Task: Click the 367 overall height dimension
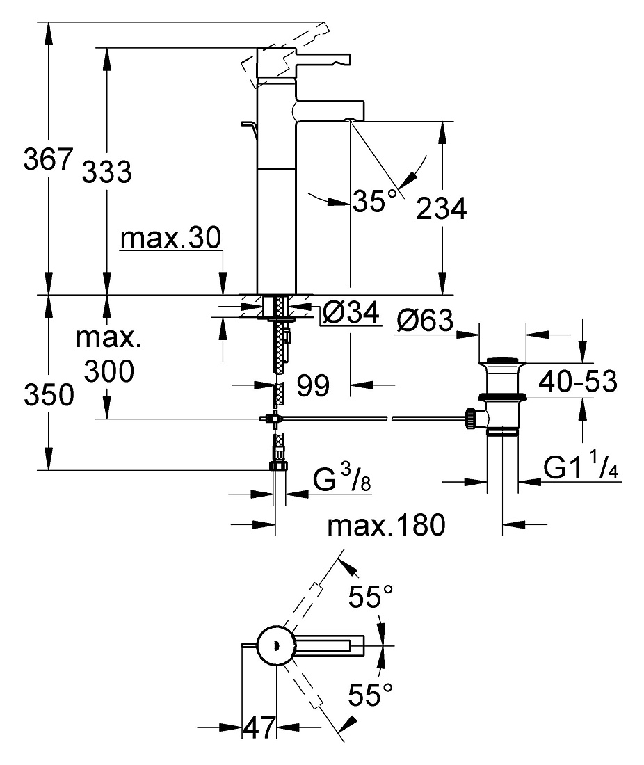[48, 159]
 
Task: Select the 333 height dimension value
[107, 172]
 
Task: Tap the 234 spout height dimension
[441, 209]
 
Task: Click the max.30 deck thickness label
[170, 238]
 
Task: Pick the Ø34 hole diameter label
[351, 312]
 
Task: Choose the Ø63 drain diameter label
[425, 320]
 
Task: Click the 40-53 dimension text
[578, 381]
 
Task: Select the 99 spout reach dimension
[313, 385]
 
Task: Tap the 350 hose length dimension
[49, 394]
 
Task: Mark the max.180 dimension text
[386, 525]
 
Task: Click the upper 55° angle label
[370, 596]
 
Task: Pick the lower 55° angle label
[370, 695]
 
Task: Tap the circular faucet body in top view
[275, 645]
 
